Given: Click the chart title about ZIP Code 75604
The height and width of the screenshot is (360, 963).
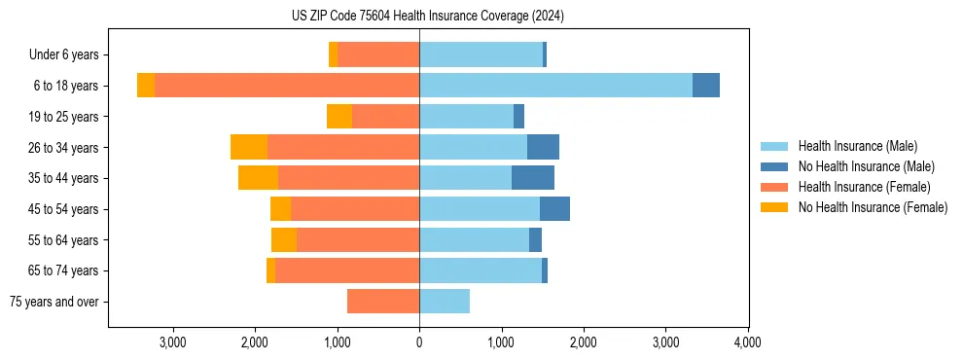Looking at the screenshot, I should point(427,16).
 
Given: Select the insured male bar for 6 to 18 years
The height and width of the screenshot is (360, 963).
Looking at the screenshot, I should point(555,86).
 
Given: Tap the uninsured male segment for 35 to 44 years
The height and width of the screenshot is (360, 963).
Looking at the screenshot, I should point(533,178).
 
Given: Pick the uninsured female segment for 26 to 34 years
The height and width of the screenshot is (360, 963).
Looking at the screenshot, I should point(249,147).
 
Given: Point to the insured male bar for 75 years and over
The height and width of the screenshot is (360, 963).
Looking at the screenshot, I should point(445,302).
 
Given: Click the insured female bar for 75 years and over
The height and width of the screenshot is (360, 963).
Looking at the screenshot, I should point(383,302).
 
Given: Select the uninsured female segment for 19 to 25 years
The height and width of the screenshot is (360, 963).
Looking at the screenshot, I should point(339,117).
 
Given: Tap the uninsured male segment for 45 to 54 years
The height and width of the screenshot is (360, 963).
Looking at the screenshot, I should point(554,209).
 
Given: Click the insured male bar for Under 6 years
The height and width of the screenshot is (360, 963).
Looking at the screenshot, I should point(481,54).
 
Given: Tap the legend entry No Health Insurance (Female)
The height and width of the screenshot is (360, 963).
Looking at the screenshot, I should point(872,207).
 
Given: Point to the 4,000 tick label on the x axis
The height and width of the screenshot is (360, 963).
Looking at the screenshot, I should point(747,342).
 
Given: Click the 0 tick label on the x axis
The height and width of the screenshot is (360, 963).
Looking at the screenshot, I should point(419,342).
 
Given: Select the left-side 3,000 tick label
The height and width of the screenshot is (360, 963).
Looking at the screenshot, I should point(173,342).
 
